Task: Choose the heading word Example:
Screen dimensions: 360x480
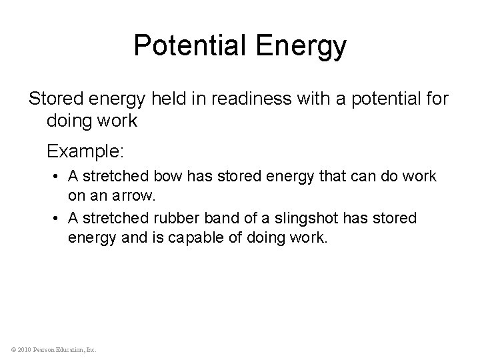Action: pyautogui.click(x=85, y=152)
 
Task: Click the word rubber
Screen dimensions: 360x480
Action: pyautogui.click(x=175, y=219)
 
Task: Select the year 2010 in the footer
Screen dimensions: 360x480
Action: pyautogui.click(x=22, y=349)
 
